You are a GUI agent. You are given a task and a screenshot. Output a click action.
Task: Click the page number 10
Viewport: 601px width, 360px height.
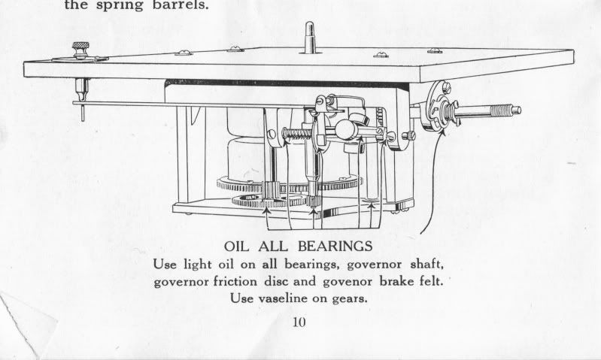tap(301, 324)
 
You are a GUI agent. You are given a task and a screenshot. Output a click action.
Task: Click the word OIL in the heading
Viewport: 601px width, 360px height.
tap(239, 247)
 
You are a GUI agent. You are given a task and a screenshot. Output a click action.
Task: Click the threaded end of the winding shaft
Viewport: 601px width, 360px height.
tap(496, 113)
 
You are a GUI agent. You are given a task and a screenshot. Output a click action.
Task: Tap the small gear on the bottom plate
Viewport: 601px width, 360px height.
tap(256, 201)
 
